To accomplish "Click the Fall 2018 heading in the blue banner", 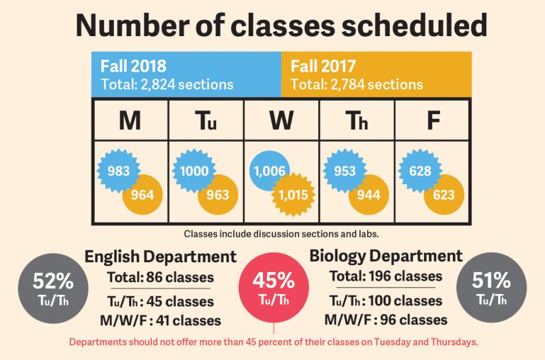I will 133,67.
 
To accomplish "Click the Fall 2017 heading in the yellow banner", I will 324,67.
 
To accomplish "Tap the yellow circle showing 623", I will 444,193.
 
